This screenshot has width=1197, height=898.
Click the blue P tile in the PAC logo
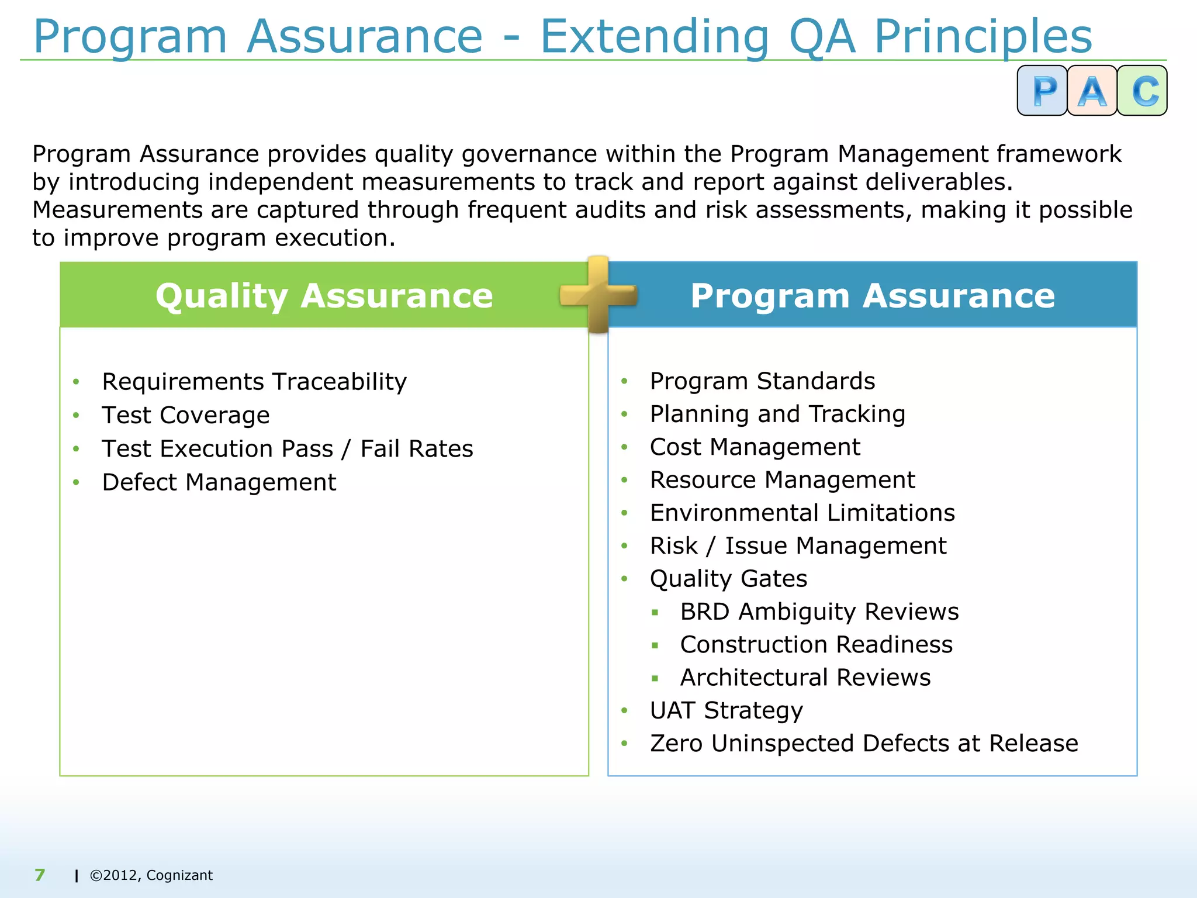[1043, 91]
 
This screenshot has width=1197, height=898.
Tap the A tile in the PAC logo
[1092, 91]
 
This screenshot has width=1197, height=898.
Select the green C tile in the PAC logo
[1143, 91]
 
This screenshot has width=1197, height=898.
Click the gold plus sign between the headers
[598, 295]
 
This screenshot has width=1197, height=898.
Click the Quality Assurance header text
[324, 295]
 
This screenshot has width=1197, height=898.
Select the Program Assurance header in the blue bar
[872, 295]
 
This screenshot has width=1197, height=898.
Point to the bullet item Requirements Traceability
[254, 382]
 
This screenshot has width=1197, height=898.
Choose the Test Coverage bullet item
[186, 416]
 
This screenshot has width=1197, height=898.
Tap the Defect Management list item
[219, 483]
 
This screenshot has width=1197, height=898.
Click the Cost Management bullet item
[755, 447]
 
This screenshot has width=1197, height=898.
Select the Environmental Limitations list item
[802, 513]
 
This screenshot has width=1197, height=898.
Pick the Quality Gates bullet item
[728, 579]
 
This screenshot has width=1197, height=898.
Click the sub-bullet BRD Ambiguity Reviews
[819, 612]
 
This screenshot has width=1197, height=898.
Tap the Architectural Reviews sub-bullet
[805, 678]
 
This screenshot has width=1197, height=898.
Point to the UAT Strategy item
[726, 711]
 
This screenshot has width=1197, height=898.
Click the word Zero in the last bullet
[676, 744]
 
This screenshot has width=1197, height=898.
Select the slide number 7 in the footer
[40, 875]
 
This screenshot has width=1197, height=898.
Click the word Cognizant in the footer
[179, 875]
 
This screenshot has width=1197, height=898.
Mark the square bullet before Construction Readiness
[655, 645]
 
